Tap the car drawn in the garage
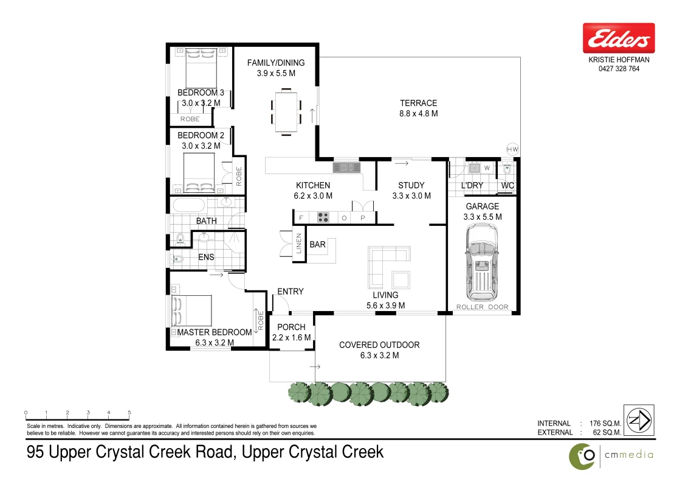(x=481, y=262)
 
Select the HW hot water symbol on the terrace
(x=512, y=149)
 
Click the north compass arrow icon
(x=638, y=420)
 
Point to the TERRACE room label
(x=418, y=103)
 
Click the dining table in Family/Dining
(x=286, y=111)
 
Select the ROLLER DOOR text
(x=482, y=307)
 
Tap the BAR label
(x=317, y=245)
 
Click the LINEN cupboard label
(x=299, y=244)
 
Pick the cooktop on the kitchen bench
(x=323, y=217)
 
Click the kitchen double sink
(x=346, y=167)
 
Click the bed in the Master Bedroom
(x=193, y=311)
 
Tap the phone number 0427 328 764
(x=619, y=69)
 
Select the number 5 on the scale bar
(x=129, y=413)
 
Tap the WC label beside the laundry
(x=507, y=186)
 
